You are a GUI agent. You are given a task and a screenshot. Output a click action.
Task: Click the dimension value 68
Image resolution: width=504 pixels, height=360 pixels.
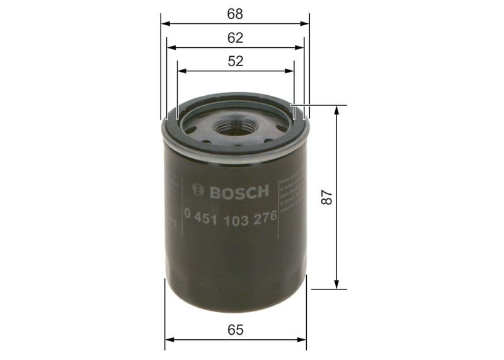pyautogui.click(x=236, y=13)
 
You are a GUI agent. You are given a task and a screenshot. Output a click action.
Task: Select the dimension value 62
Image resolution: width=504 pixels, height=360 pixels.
pyautogui.click(x=236, y=37)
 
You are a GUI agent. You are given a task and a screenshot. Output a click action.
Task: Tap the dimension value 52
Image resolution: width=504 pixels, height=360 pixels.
pyautogui.click(x=236, y=61)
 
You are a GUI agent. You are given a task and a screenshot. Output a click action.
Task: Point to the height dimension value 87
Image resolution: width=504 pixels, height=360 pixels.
pyautogui.click(x=326, y=197)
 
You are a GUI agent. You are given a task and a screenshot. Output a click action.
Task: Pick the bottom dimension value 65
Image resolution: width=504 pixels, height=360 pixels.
pyautogui.click(x=236, y=329)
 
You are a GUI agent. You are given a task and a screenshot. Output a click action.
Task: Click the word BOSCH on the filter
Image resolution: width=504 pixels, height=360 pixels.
pyautogui.click(x=239, y=191)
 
